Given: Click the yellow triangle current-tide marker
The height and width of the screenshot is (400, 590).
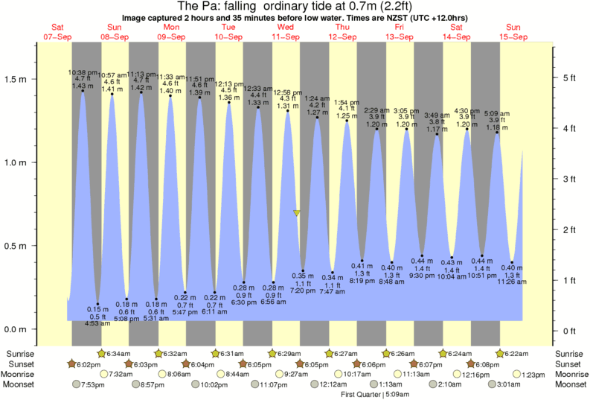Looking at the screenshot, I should (297, 213).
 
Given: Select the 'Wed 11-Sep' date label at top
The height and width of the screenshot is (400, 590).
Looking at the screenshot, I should (285, 32).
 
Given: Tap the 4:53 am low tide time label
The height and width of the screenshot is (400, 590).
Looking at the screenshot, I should (97, 324).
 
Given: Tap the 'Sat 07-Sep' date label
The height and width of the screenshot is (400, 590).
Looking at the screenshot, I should (58, 32).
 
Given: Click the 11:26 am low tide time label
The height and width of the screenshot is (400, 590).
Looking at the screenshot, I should (512, 282).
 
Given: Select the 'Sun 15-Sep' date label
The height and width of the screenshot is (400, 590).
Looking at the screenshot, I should (513, 32).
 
